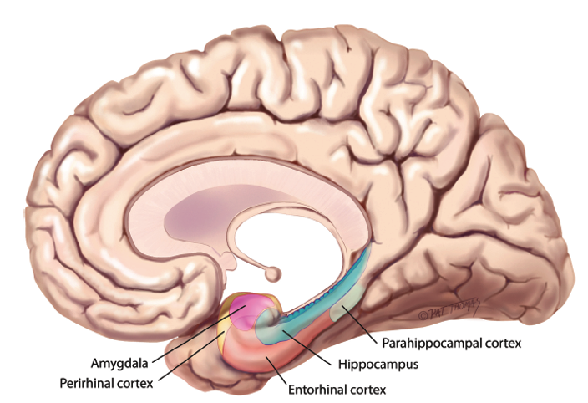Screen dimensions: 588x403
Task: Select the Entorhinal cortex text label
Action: click(x=337, y=389)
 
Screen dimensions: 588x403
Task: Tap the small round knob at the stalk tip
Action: click(x=271, y=273)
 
